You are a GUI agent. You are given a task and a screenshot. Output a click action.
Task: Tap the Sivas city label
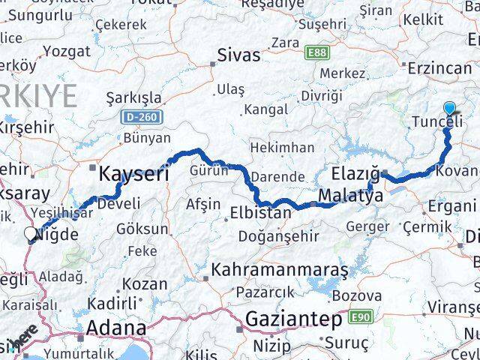click(238, 55)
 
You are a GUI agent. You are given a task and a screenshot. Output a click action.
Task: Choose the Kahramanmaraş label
click(280, 269)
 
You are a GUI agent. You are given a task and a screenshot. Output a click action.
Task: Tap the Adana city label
click(116, 328)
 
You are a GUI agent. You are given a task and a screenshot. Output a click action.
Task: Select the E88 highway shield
click(316, 52)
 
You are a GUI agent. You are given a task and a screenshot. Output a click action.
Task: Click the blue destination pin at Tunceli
click(448, 109)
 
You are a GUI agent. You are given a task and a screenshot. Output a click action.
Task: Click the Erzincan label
click(440, 67)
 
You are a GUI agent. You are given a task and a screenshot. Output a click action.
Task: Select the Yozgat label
click(67, 52)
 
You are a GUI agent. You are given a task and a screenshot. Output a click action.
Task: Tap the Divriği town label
click(321, 95)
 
